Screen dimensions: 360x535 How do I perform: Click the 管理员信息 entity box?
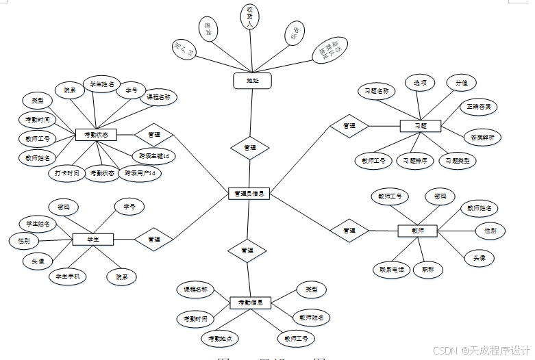[249, 194]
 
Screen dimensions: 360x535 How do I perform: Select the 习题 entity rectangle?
[420, 126]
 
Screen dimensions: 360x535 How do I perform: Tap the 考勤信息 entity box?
[251, 303]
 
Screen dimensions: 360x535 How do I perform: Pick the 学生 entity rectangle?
[93, 239]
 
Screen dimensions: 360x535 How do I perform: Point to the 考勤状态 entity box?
[95, 135]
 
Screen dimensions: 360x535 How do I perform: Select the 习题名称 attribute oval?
[377, 90]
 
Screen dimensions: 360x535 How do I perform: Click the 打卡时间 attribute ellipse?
[68, 173]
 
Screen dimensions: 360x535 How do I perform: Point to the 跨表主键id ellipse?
[153, 156]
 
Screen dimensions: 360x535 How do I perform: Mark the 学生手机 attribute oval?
[68, 277]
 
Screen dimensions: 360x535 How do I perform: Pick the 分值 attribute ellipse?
[461, 83]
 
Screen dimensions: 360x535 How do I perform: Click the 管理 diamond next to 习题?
[349, 126]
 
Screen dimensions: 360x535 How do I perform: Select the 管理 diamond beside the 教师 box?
[349, 231]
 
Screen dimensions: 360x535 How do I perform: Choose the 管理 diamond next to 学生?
[153, 239]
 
